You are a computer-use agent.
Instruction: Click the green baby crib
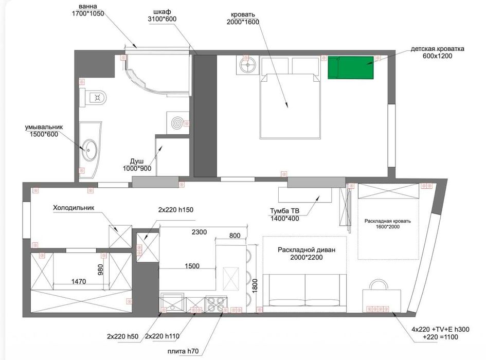(x=351, y=67)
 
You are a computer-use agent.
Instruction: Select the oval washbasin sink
(x=89, y=150)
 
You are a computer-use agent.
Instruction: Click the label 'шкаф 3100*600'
(x=162, y=15)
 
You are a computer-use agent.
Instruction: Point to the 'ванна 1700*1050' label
(x=88, y=10)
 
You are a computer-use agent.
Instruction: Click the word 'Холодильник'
(x=74, y=208)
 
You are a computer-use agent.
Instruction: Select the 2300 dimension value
(x=199, y=232)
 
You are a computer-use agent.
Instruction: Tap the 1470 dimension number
(x=78, y=281)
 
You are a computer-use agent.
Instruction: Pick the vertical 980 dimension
(x=100, y=269)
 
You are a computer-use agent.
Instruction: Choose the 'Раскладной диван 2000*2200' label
(x=307, y=254)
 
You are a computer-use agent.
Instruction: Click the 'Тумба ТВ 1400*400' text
(x=284, y=215)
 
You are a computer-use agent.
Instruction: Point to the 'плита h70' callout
(x=183, y=351)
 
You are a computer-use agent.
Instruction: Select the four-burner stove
(x=217, y=304)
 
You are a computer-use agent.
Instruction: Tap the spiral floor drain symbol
(x=177, y=123)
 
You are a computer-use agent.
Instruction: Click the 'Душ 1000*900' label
(x=137, y=165)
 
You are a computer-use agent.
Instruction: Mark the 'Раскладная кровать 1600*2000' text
(x=387, y=224)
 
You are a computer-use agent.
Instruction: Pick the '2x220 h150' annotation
(x=176, y=210)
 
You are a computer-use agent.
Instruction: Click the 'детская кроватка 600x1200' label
(x=437, y=52)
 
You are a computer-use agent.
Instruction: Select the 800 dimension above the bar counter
(x=235, y=236)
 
